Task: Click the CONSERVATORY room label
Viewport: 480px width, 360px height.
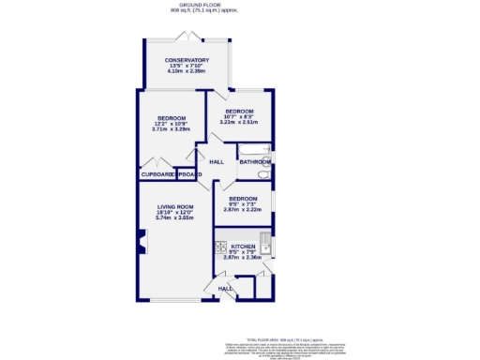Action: (187, 60)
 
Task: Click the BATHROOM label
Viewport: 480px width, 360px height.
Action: (254, 162)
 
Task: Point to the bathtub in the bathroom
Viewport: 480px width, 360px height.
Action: (254, 150)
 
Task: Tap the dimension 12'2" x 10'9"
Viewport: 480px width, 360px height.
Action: (172, 123)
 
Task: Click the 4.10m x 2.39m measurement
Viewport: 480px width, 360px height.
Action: (187, 71)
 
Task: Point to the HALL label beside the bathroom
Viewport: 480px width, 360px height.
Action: (217, 162)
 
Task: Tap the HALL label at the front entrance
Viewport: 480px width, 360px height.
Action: (225, 289)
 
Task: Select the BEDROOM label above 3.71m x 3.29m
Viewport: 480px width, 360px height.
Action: (172, 117)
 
